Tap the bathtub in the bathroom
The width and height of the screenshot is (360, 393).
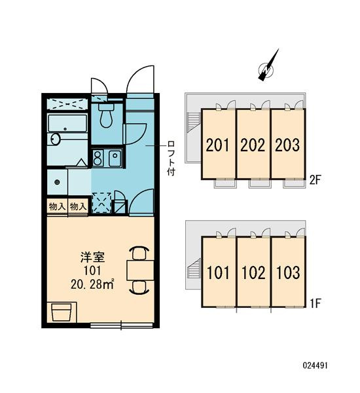pos(67,123)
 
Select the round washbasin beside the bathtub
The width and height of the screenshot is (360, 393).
pos(56,139)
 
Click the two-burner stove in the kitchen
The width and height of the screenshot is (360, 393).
pos(98,158)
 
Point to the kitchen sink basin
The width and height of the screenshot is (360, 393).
pos(115,158)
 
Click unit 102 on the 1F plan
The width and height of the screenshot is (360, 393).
pos(253,272)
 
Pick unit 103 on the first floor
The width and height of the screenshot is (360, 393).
pos(288,272)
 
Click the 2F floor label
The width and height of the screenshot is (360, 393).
pos(315,179)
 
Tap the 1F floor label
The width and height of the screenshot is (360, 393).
pos(315,303)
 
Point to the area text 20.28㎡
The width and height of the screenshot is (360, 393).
pos(93,284)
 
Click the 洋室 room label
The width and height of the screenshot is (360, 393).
pos(92,257)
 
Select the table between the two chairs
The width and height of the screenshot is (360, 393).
pos(140,270)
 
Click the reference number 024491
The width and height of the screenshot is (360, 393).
pos(315,365)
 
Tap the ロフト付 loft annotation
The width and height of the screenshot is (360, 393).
pos(171,158)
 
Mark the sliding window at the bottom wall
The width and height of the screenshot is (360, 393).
pos(121,326)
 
